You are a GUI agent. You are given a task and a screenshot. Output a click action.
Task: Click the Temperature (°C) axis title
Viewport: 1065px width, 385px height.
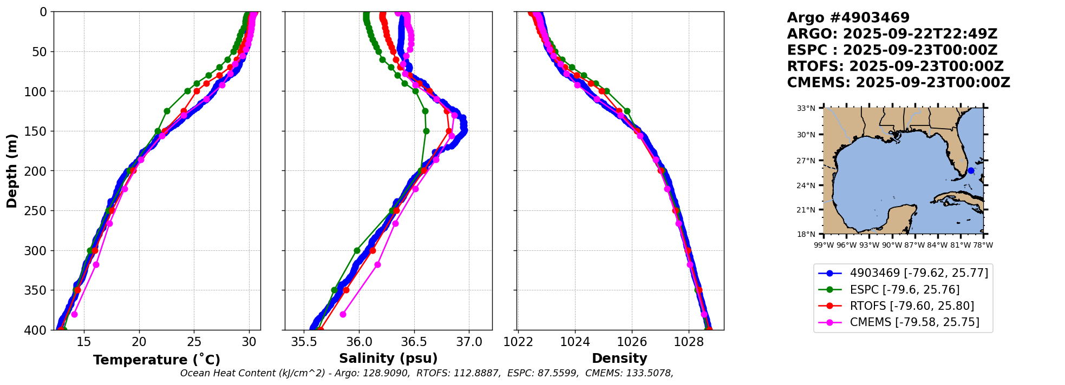point(156,360)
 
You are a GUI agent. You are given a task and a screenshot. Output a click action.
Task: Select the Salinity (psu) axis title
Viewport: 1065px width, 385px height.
point(388,359)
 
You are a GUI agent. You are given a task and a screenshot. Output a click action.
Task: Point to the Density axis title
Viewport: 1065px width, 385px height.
point(619,359)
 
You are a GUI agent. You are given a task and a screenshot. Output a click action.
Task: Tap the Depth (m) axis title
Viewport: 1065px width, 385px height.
point(12,171)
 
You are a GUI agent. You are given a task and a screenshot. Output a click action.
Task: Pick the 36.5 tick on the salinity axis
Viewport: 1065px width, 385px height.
point(414,342)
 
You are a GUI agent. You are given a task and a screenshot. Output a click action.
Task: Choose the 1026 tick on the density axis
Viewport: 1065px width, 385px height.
point(632,342)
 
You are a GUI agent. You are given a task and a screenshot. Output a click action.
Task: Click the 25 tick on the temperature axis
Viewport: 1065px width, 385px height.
point(194,342)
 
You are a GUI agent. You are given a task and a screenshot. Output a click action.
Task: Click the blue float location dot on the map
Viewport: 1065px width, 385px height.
point(971,171)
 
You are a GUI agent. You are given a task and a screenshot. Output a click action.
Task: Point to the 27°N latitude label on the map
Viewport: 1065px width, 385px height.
point(806,161)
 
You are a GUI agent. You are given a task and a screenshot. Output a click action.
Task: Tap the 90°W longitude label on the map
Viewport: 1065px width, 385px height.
point(892,245)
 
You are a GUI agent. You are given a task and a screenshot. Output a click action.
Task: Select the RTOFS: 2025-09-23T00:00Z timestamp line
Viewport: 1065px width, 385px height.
point(895,67)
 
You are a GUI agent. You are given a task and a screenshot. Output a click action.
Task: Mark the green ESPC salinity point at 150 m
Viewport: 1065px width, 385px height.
point(426,131)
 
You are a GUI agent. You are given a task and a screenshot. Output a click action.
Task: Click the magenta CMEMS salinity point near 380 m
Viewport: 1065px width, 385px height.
point(343,314)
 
